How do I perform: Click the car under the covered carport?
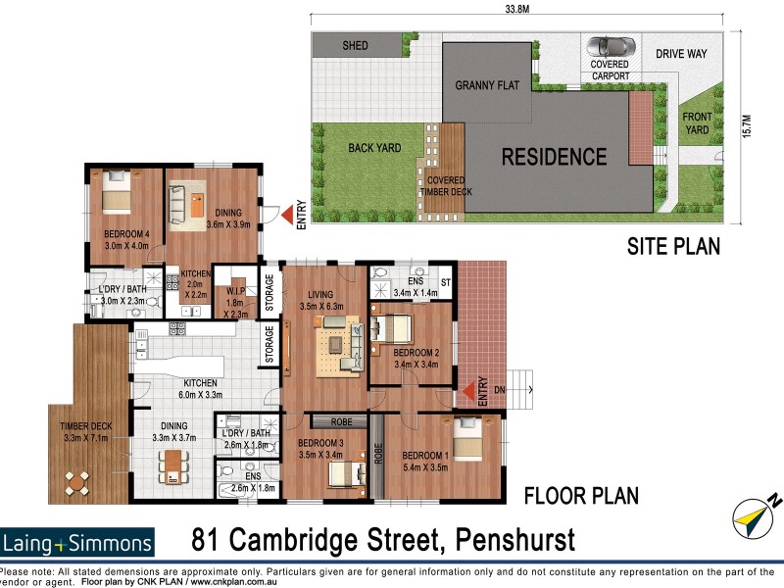[x=609, y=47]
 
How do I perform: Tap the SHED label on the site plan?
[x=355, y=46]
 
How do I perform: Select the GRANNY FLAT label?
[x=485, y=85]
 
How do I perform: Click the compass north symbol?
[x=754, y=514]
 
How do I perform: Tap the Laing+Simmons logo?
[x=77, y=542]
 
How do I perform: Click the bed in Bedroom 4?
[x=117, y=191]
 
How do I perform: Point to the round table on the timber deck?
[x=76, y=482]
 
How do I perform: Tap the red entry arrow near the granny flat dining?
[x=284, y=215]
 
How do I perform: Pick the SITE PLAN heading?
[x=673, y=246]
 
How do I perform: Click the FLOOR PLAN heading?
[x=581, y=496]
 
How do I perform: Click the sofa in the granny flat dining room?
[x=178, y=204]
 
